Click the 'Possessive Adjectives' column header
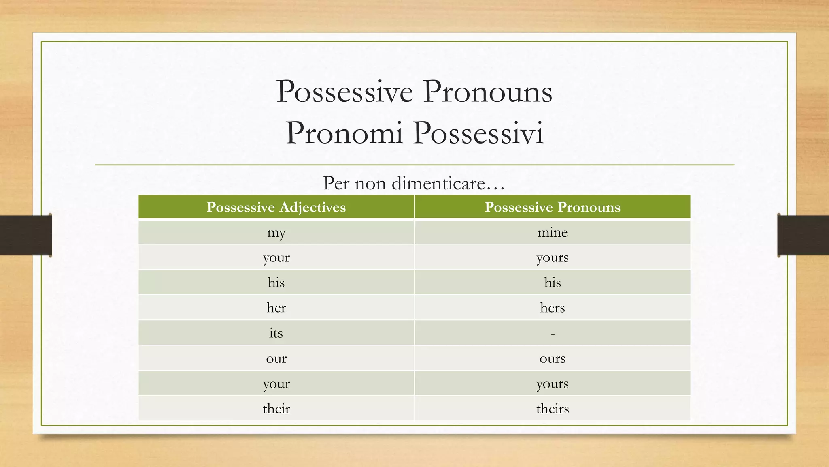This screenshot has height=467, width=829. [x=276, y=207]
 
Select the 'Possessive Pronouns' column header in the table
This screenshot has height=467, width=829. [x=552, y=207]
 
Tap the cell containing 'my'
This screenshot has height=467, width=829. [x=276, y=232]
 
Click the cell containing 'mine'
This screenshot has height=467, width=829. [x=552, y=232]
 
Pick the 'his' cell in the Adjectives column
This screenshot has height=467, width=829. [x=276, y=283]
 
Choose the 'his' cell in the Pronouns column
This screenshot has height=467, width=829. [x=552, y=283]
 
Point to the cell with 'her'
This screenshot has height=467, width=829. [x=276, y=308]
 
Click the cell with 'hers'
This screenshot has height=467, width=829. [x=552, y=308]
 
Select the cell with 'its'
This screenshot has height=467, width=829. [x=276, y=333]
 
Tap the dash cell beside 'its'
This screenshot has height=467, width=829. [x=552, y=333]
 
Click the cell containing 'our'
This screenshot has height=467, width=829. [x=276, y=358]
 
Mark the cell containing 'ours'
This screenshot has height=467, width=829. [x=552, y=358]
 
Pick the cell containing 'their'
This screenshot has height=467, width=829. [x=276, y=409]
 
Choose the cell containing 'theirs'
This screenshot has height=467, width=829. [x=552, y=409]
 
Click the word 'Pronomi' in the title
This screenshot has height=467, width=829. [x=344, y=133]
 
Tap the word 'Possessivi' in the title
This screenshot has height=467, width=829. [x=478, y=133]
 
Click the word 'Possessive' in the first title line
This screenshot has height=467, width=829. [x=344, y=92]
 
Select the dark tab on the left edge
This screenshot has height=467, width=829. [x=26, y=235]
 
